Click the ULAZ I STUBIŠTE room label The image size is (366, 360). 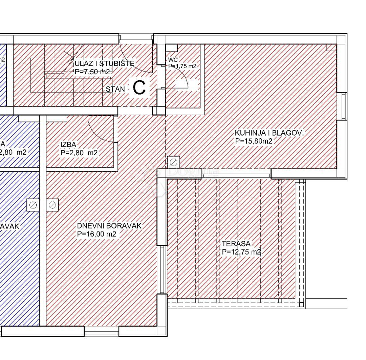pyautogui.click(x=104, y=64)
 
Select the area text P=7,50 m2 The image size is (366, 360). pyautogui.click(x=92, y=72)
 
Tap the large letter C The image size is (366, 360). pyautogui.click(x=139, y=88)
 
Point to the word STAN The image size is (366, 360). pyautogui.click(x=115, y=89)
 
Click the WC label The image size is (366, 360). pyautogui.click(x=173, y=60)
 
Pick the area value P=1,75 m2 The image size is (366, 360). pyautogui.click(x=182, y=66)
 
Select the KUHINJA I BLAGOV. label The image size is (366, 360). pyautogui.click(x=269, y=133)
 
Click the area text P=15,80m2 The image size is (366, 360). pyautogui.click(x=254, y=141)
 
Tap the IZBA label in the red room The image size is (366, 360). pyautogui.click(x=68, y=145)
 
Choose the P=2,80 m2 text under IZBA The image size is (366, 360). pyautogui.click(x=79, y=153)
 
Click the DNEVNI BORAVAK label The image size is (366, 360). pyautogui.click(x=109, y=226)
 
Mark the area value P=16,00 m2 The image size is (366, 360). pyautogui.click(x=97, y=234)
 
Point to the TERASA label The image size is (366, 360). pyautogui.click(x=236, y=243)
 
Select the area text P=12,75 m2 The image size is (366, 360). pyautogui.click(x=241, y=252)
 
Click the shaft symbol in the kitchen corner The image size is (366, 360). pyautogui.click(x=173, y=162)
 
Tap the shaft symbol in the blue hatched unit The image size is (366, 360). pyautogui.click(x=33, y=205)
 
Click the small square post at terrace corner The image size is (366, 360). pyautogui.click(x=301, y=304)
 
